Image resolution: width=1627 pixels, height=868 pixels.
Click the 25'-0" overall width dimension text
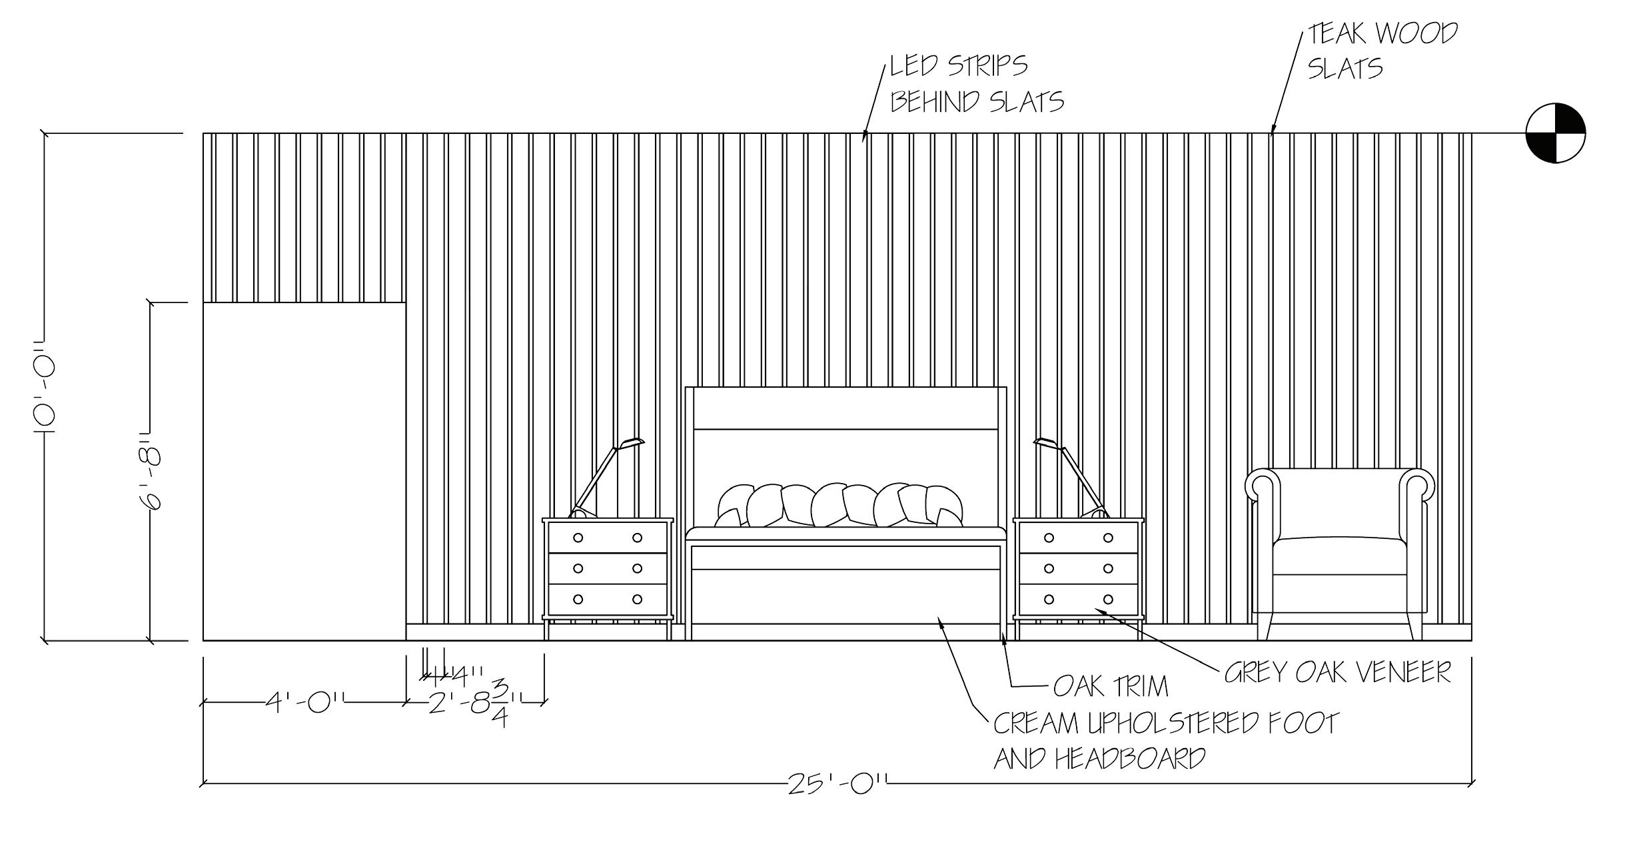pyautogui.click(x=837, y=784)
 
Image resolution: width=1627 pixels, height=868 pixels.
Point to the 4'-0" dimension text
pyautogui.click(x=306, y=702)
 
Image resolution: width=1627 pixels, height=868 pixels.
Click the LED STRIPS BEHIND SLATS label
pyautogui.click(x=976, y=84)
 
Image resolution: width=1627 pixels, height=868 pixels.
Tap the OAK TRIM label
pyautogui.click(x=1111, y=686)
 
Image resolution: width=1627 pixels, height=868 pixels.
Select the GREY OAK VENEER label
pyautogui.click(x=1337, y=673)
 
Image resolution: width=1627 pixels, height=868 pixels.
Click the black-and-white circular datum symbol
pyautogui.click(x=1555, y=133)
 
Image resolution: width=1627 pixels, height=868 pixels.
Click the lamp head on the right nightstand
pyautogui.click(x=1048, y=443)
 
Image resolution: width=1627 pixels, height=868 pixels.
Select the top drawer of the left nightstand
pyautogui.click(x=607, y=538)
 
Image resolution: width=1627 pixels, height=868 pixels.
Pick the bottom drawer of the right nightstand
pyautogui.click(x=1078, y=599)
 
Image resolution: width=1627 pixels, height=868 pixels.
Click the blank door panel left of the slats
pyautogui.click(x=304, y=471)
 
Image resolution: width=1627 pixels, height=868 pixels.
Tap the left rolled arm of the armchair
pyautogui.click(x=1263, y=484)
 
